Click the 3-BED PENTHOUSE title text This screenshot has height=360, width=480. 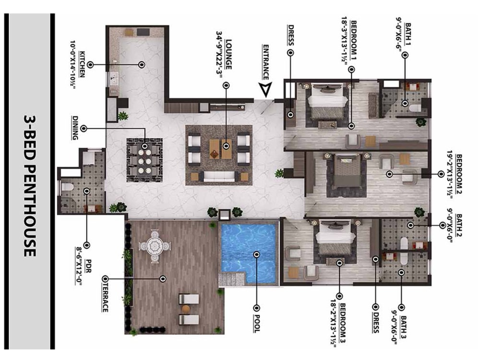(x=29, y=185)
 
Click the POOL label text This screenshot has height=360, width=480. (x=256, y=322)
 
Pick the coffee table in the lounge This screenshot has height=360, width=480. (x=219, y=148)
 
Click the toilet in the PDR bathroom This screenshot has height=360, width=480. (x=67, y=186)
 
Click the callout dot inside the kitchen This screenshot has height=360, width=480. (x=142, y=64)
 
